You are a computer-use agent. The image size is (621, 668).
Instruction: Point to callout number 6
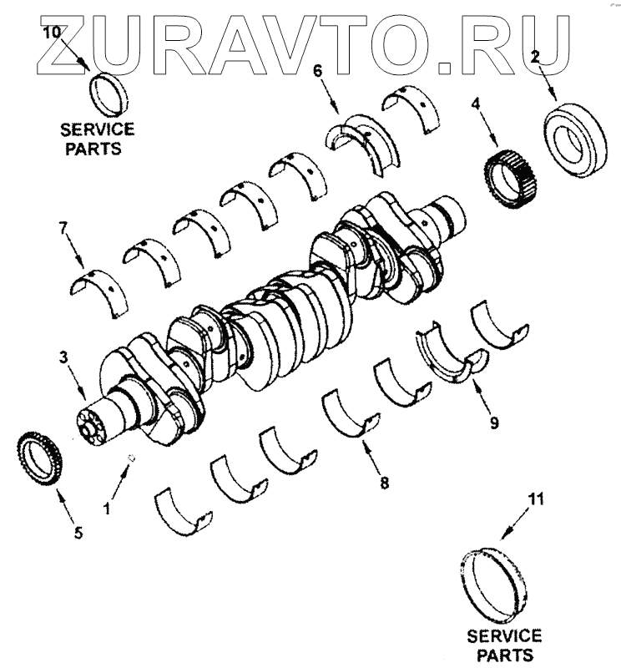(317, 71)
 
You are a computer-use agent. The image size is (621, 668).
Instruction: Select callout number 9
(493, 423)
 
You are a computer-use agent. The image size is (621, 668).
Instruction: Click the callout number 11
(536, 500)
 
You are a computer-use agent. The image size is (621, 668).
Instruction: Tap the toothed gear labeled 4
(509, 172)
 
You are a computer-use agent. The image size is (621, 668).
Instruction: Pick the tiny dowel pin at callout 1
(132, 457)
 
